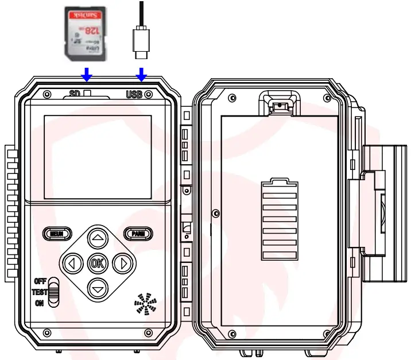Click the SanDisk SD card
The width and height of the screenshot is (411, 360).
[85, 32]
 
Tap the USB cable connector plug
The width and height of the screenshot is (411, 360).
[141, 44]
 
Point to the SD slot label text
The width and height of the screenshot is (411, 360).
[74, 94]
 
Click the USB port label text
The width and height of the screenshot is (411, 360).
[134, 94]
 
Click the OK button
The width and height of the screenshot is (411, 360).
[97, 264]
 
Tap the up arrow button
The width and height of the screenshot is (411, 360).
[98, 238]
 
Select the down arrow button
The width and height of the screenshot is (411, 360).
[98, 288]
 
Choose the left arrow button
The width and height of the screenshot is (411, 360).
[72, 264]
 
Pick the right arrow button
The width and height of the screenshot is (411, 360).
[122, 264]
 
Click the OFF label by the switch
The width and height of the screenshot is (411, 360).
[40, 281]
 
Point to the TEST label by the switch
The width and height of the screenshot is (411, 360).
[39, 292]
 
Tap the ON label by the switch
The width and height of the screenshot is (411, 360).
[40, 303]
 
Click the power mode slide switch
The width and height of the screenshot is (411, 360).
[53, 292]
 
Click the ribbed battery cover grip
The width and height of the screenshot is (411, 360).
[279, 219]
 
